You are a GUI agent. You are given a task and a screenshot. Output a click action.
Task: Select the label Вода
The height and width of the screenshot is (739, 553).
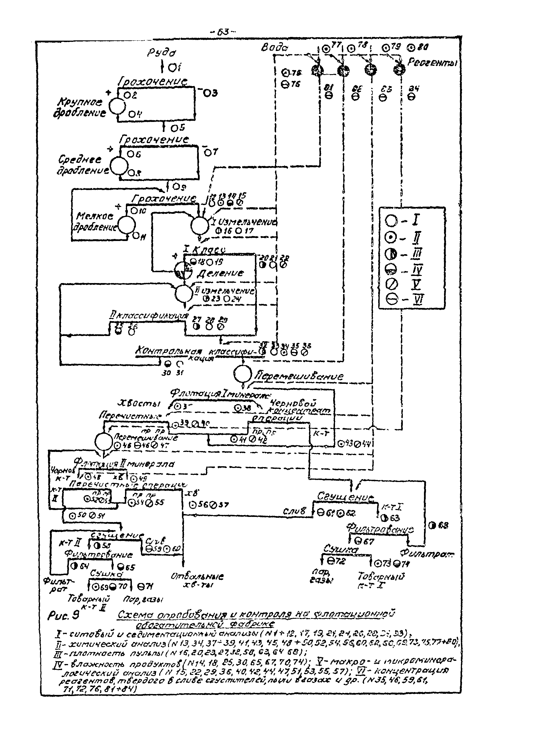pos(274,48)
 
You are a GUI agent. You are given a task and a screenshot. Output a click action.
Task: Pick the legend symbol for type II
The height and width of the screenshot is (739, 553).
pos(391,238)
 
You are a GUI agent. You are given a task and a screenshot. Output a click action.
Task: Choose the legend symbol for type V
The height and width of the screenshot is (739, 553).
pos(391,284)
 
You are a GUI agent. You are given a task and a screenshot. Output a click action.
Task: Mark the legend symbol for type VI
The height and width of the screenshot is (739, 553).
pos(391,299)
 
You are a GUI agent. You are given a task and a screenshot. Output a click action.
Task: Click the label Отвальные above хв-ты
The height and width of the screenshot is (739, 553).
pos(197,576)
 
